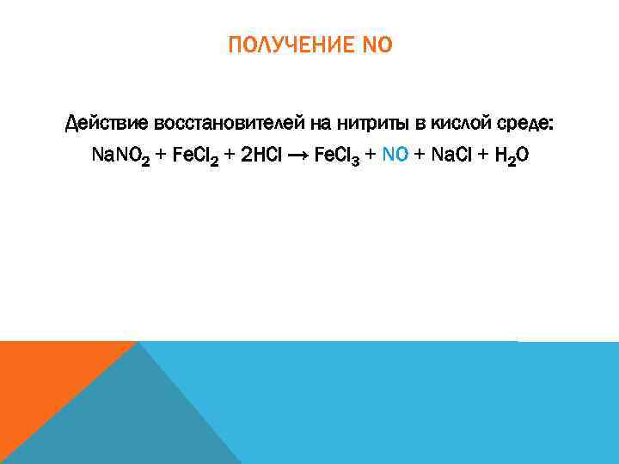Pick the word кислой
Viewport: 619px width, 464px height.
[x=456, y=125]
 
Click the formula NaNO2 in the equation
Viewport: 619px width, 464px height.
[x=120, y=156]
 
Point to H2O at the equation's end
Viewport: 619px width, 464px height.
[x=511, y=156]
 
